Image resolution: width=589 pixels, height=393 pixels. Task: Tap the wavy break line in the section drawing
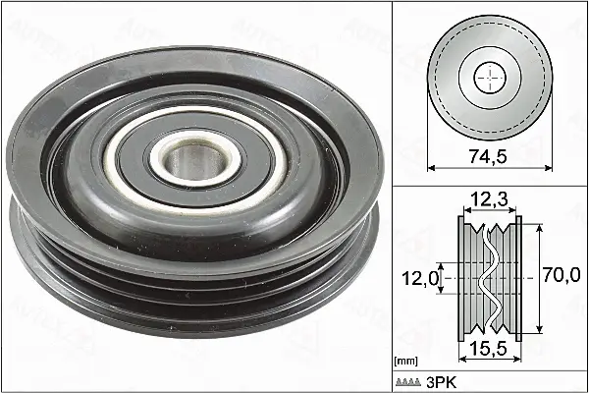coord(488,278)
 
